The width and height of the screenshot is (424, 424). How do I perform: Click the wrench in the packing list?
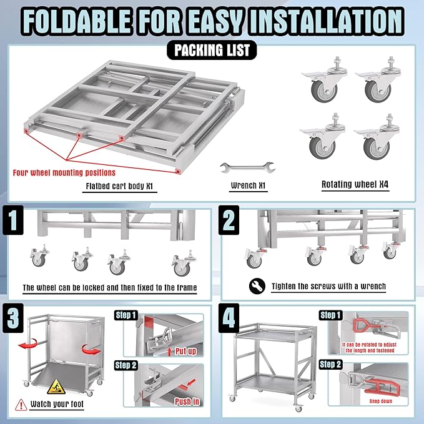(x=248, y=167)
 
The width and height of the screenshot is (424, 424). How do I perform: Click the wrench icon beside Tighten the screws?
(x=257, y=287)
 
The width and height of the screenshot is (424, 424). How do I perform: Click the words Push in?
(x=187, y=401)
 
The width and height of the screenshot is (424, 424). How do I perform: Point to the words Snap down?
(x=367, y=401)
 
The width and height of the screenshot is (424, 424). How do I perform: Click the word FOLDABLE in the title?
(x=78, y=20)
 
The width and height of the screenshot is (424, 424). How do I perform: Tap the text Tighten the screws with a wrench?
(x=328, y=287)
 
